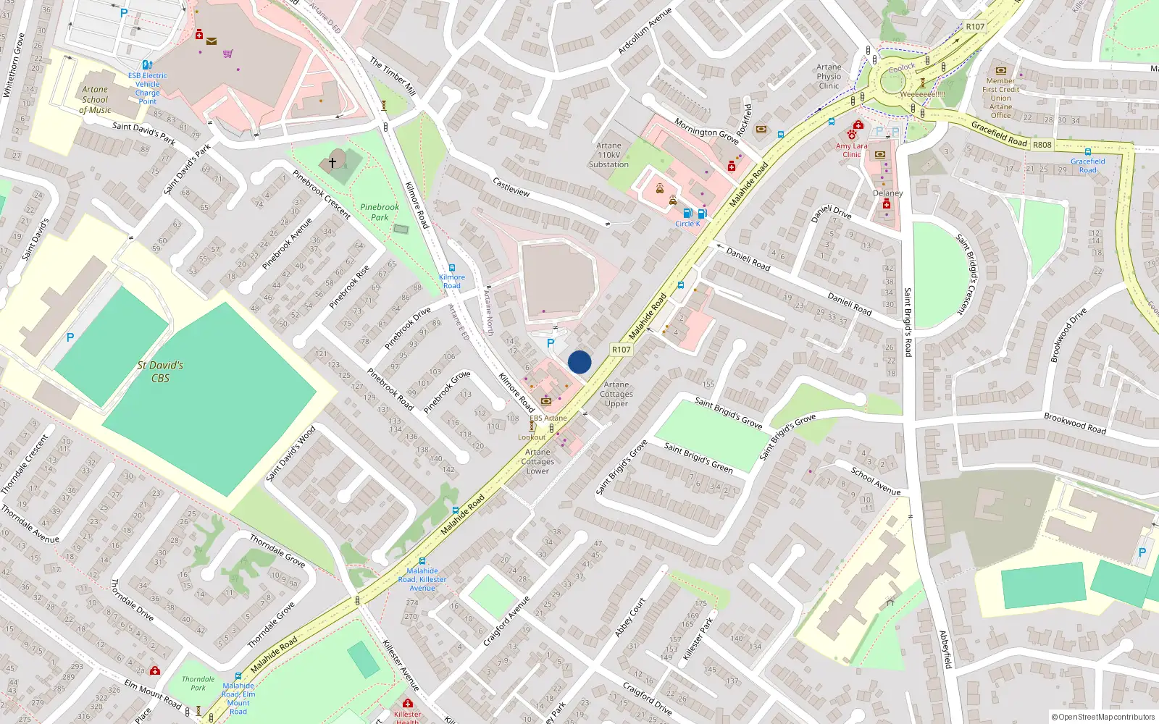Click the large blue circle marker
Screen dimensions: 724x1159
click(579, 362)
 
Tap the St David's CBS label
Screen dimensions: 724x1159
click(160, 371)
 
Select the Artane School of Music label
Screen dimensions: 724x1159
click(95, 100)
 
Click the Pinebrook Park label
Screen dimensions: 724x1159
click(380, 212)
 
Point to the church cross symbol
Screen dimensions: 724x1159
click(332, 163)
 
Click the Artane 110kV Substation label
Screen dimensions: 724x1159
click(608, 155)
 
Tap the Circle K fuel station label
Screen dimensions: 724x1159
click(687, 224)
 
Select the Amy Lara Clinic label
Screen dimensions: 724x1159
click(851, 150)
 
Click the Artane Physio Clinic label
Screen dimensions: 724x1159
click(829, 76)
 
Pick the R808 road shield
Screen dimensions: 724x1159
click(1042, 145)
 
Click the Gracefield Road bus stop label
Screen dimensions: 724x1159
click(1087, 166)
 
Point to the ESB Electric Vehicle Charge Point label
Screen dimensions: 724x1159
click(147, 88)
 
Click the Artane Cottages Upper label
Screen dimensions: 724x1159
click(616, 395)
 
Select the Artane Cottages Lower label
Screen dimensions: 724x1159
click(537, 461)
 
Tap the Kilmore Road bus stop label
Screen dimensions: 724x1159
click(451, 281)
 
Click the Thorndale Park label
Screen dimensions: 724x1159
click(198, 683)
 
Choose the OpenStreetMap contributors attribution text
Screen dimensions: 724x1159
click(1102, 717)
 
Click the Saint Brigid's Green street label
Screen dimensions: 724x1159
click(698, 458)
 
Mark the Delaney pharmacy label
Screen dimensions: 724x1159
click(887, 193)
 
